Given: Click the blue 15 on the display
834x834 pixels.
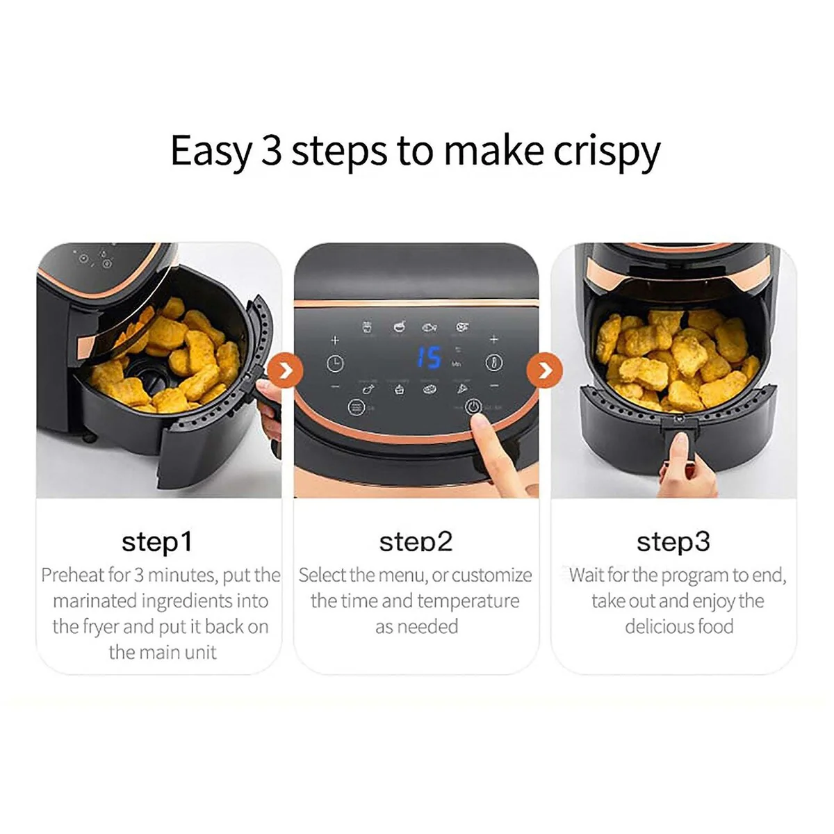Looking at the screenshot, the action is coord(429,357).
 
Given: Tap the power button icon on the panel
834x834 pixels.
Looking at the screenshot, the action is coord(473,407).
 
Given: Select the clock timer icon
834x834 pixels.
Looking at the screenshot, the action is coord(335,363).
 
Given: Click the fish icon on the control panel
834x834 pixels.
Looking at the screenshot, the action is coord(430,327).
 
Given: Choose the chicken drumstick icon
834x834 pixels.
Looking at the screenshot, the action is coord(369,389).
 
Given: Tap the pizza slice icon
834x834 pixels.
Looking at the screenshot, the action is coord(462,389).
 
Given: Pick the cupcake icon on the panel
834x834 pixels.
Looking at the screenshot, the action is coord(400,389).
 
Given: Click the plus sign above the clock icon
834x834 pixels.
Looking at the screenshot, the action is coord(334,340).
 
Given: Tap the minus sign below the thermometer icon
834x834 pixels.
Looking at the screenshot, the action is coord(495,385).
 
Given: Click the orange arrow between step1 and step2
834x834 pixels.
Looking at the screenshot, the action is coord(285,370).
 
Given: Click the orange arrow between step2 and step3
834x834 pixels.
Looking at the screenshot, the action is coord(544,370).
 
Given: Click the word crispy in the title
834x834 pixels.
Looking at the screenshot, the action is coord(606,152).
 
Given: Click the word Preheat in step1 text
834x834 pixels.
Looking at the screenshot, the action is coord(73,575).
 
